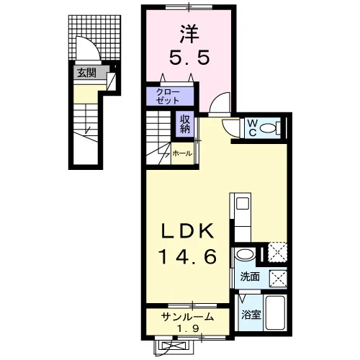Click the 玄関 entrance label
86,73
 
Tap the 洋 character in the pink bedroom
189,34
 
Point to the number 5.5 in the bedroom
189,58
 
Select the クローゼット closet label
168,96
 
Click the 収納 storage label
185,124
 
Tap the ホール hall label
182,153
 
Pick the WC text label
252,128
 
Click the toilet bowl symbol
268,128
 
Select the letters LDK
188,230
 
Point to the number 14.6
188,256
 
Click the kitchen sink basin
243,204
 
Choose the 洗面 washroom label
250,276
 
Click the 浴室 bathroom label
251,315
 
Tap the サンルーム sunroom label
188,317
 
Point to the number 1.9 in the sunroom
189,328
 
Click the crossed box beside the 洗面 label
278,279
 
